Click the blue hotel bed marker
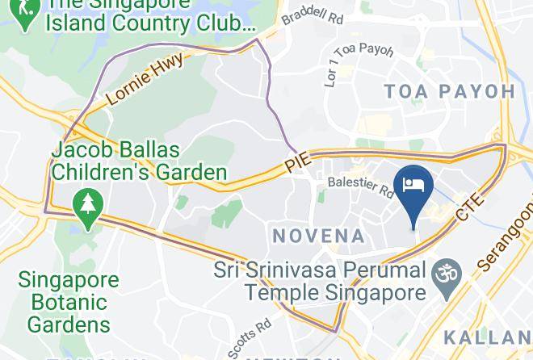tap(413, 185)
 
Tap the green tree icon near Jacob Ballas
tap(85, 203)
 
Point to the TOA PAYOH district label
tap(449, 91)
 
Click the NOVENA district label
tap(319, 236)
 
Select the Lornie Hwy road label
tap(145, 82)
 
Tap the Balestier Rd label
tap(360, 187)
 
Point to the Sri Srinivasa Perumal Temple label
tap(320, 280)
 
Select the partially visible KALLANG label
tap(488, 337)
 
